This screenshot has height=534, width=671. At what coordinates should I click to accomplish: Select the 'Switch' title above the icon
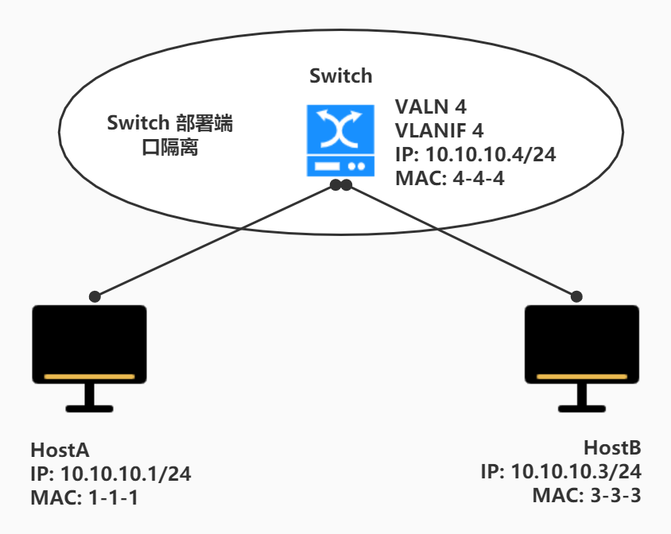pyautogui.click(x=340, y=76)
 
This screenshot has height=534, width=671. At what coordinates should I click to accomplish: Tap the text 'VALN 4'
pyautogui.click(x=431, y=107)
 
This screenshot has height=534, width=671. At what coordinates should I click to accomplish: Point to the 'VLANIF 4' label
pyautogui.click(x=440, y=130)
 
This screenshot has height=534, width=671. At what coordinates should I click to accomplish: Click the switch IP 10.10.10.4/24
pyautogui.click(x=475, y=154)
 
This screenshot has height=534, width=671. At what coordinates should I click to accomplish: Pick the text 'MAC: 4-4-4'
pyautogui.click(x=449, y=178)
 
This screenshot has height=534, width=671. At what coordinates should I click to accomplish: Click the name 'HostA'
pyautogui.click(x=60, y=451)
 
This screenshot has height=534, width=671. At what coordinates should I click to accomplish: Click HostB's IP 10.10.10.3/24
pyautogui.click(x=560, y=471)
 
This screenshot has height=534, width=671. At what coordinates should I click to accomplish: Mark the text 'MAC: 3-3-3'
pyautogui.click(x=587, y=495)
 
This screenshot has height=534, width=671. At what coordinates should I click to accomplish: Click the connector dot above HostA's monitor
pyautogui.click(x=95, y=296)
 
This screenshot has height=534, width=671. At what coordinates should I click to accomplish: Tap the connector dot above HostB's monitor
pyautogui.click(x=577, y=296)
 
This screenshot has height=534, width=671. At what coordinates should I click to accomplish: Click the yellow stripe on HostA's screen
pyautogui.click(x=89, y=377)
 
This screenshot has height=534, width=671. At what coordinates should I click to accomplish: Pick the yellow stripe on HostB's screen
pyautogui.click(x=583, y=377)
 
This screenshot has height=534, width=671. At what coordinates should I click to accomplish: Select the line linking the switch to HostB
pyautogui.click(x=461, y=240)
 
